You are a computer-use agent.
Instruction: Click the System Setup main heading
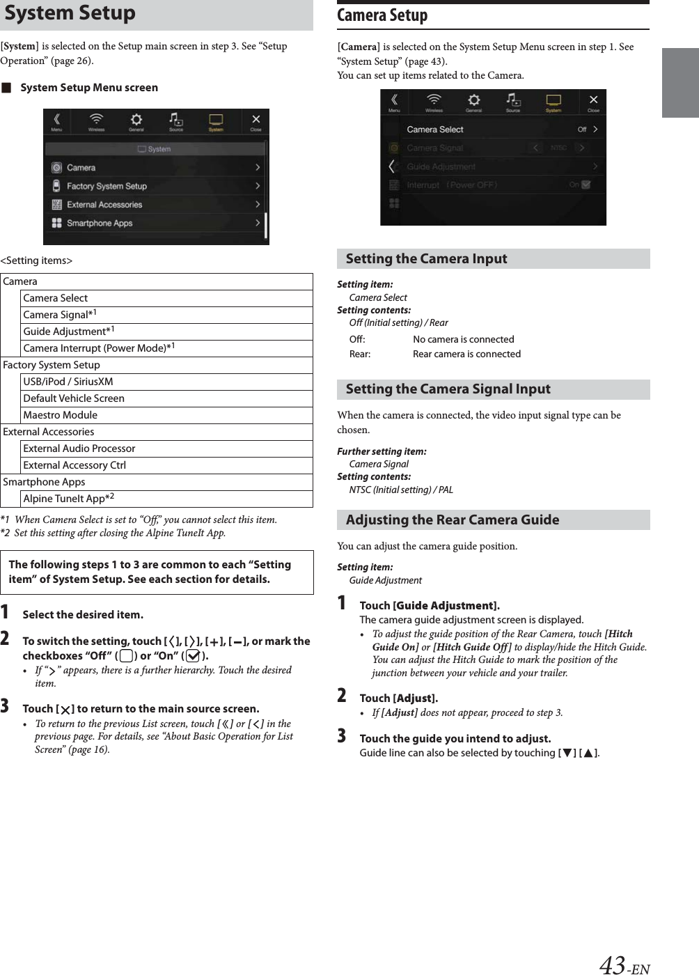pos(70,13)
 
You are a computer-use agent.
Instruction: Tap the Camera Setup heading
pos(382,15)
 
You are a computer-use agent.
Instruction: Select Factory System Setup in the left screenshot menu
pos(107,186)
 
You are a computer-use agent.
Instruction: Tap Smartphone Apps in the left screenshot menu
pos(99,223)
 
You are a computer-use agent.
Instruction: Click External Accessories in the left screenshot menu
pos(104,205)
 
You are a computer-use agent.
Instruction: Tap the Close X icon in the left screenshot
pos(256,121)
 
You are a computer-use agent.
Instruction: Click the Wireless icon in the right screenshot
pos(434,102)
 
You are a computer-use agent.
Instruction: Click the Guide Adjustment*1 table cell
pos(69,331)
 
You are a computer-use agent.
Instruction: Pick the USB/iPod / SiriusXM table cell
pos(68,382)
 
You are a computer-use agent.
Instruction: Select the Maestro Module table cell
pos(61,415)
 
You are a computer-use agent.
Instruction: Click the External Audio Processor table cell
pos(79,448)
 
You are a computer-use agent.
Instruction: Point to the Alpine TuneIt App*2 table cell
pos(68,499)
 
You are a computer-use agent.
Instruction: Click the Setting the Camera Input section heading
pos(426,259)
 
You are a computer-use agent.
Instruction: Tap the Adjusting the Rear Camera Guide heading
pos(453,520)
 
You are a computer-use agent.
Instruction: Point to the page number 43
pos(613,965)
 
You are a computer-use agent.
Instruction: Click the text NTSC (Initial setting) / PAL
pos(401,490)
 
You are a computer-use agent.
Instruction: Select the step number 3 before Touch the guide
pos(342,736)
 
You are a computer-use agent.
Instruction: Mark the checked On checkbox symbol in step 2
pos(193,656)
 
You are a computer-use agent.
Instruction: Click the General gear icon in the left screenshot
pos(136,121)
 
